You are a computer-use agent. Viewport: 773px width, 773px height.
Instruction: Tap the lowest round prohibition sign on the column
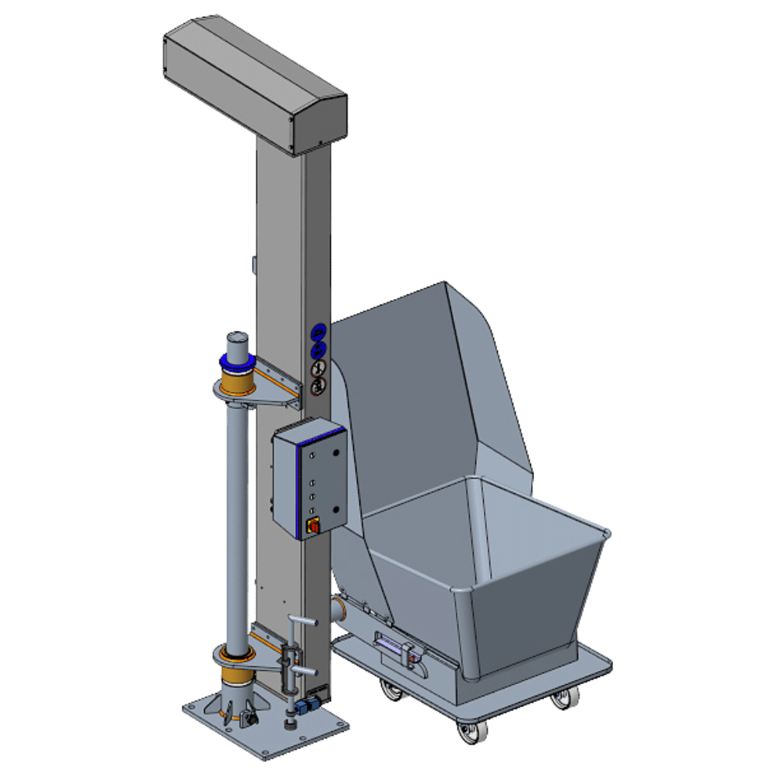click(318, 385)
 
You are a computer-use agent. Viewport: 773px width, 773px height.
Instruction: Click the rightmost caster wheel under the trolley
click(562, 700)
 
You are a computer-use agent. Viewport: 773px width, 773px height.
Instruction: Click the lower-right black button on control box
click(336, 508)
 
